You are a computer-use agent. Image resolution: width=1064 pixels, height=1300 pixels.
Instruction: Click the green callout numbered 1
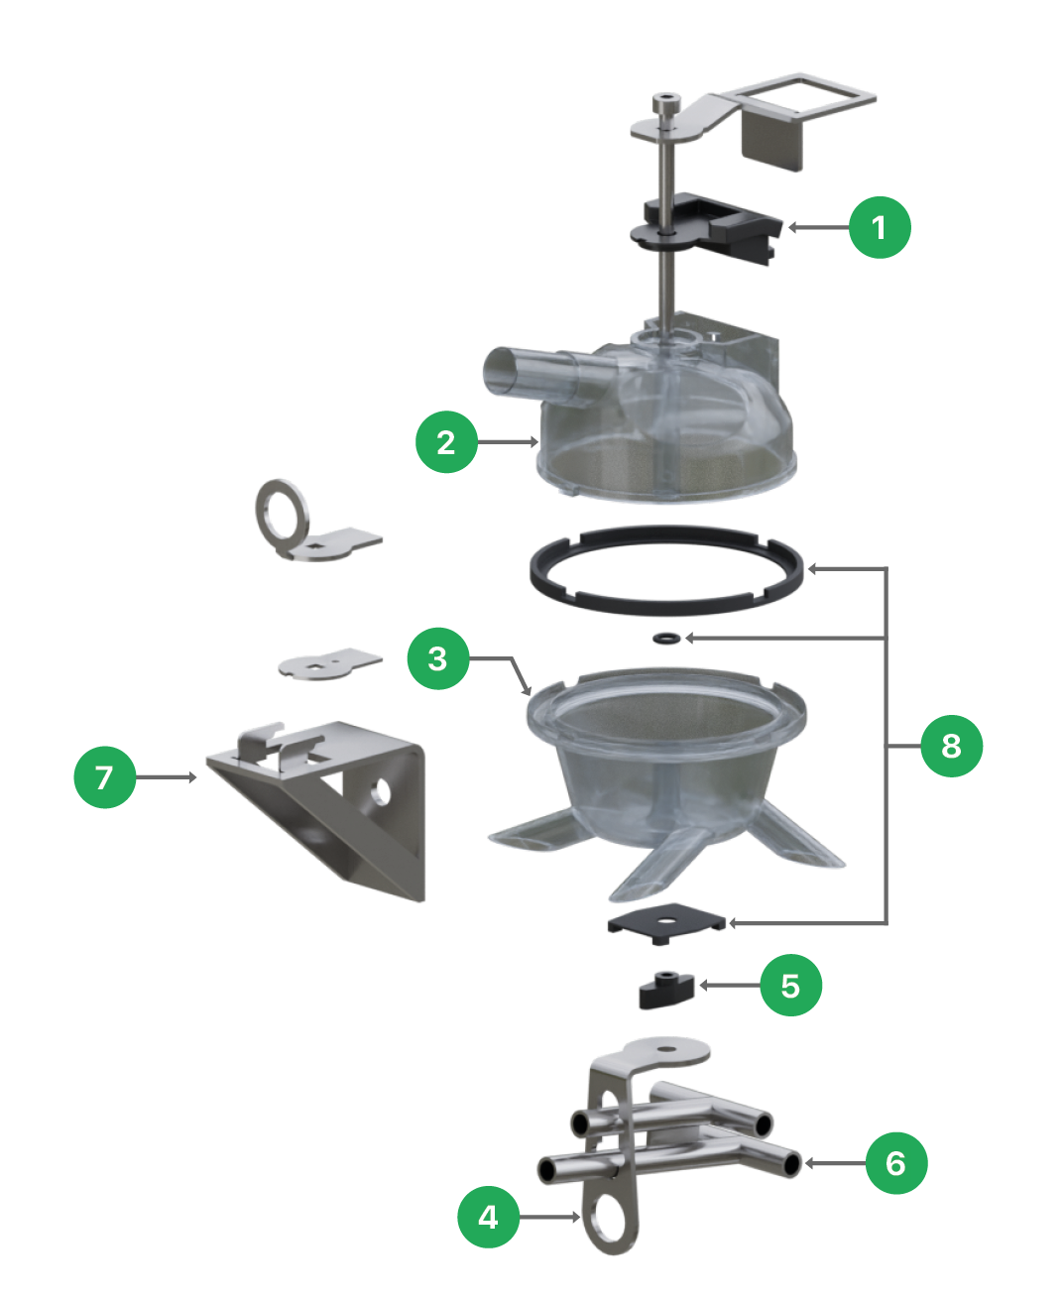click(x=880, y=227)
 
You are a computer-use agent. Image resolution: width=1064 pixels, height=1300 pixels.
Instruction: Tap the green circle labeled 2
click(x=446, y=442)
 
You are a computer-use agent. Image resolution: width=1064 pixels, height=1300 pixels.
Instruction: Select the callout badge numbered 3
click(x=437, y=658)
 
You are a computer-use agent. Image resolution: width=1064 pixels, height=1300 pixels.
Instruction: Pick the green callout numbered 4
click(x=488, y=1217)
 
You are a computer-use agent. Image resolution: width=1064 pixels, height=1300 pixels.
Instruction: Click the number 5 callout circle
click(x=791, y=985)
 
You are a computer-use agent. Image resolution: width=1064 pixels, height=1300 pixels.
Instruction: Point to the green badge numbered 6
click(x=896, y=1163)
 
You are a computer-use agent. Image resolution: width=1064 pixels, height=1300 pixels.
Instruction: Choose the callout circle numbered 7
click(x=104, y=777)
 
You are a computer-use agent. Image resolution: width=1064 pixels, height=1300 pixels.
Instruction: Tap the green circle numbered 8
click(x=951, y=746)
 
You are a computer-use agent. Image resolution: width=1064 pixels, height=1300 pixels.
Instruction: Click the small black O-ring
click(x=667, y=638)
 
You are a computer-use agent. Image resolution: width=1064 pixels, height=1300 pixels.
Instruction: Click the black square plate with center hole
click(x=666, y=923)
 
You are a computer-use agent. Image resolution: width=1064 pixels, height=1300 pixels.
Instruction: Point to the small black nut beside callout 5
click(x=665, y=991)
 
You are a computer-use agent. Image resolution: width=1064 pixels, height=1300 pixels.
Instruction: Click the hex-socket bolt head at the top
click(x=667, y=102)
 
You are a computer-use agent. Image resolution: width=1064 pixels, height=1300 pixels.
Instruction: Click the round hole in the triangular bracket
click(x=381, y=791)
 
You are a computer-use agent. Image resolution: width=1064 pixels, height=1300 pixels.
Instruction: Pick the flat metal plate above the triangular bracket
click(x=330, y=663)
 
